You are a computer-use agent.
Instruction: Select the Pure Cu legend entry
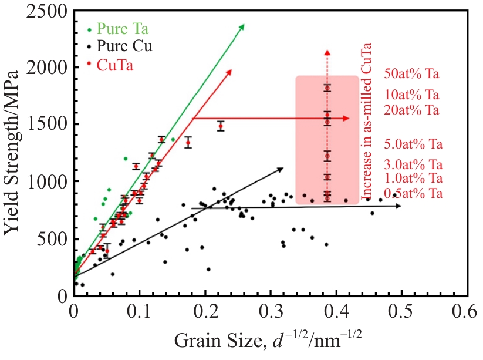point(122,46)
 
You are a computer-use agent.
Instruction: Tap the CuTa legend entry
point(115,65)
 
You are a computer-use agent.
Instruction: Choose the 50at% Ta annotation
point(411,75)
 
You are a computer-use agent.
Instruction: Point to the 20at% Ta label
point(411,110)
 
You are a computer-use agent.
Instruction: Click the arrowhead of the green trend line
point(242,26)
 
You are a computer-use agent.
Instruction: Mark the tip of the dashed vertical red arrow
point(328,52)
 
